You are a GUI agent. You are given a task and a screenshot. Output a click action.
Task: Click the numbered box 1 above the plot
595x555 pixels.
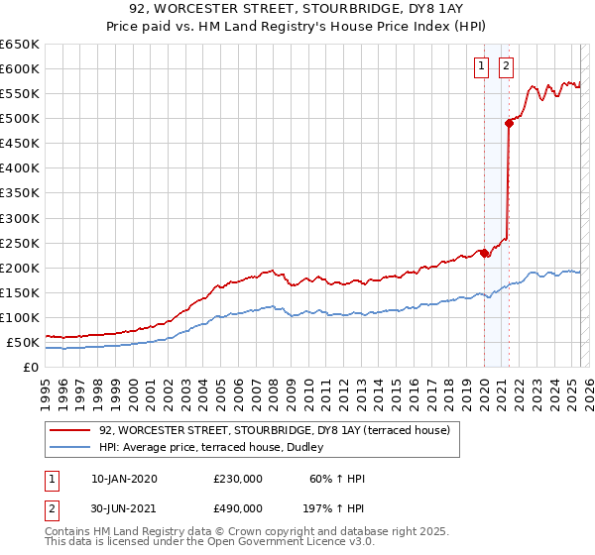point(481,66)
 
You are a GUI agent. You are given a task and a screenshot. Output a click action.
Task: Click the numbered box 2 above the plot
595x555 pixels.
point(506,66)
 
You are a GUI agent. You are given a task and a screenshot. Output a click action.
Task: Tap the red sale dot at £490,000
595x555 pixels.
point(510,123)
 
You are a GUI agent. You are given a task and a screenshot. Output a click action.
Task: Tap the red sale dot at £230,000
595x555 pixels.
point(485,253)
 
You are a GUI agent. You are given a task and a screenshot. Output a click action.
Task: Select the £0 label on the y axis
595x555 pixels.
point(31,368)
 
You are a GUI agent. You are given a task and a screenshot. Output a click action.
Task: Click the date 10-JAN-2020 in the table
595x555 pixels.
point(123,479)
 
